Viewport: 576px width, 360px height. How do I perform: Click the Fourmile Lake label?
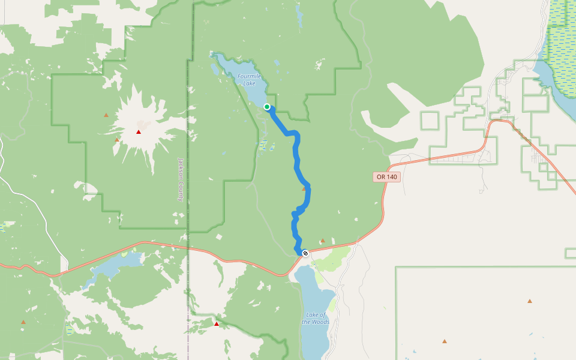click(x=249, y=79)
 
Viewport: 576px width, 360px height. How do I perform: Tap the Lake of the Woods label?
click(x=316, y=319)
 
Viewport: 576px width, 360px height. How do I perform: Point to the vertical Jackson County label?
click(x=181, y=179)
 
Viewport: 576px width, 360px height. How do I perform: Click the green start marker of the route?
click(x=267, y=107)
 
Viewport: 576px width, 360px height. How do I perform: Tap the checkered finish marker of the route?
click(x=305, y=253)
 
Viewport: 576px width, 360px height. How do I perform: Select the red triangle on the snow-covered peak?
click(x=139, y=132)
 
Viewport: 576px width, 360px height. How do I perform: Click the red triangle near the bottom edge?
click(x=217, y=324)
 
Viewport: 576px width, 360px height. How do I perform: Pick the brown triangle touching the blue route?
click(x=304, y=189)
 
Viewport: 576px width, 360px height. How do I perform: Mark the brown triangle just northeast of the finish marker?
click(x=322, y=240)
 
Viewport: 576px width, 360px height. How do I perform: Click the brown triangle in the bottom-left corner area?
click(x=23, y=322)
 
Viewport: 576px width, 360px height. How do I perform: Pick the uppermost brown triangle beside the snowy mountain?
click(x=106, y=115)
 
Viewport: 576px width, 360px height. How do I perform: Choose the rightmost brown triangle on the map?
click(x=530, y=301)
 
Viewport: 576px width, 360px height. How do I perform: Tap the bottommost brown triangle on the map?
click(x=445, y=341)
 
